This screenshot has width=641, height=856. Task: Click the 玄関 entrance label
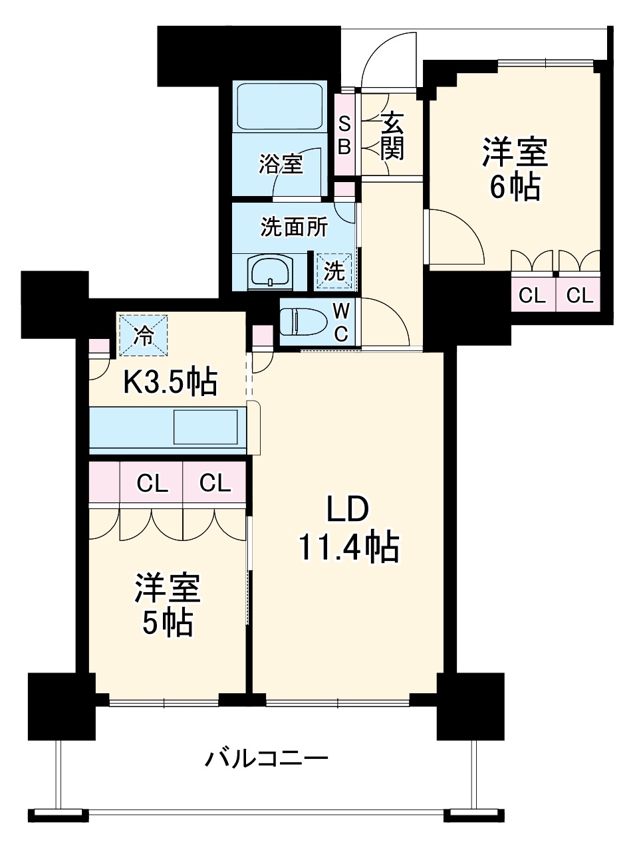(x=393, y=136)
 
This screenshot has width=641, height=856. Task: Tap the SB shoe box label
(x=344, y=136)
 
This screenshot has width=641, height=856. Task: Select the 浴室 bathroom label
(x=281, y=163)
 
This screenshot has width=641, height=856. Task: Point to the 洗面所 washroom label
(x=293, y=227)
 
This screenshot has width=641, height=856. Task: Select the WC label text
(x=340, y=323)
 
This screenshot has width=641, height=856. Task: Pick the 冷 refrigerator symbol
(x=143, y=335)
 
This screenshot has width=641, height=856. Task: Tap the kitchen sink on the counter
(x=205, y=427)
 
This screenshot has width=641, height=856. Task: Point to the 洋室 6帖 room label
(x=515, y=169)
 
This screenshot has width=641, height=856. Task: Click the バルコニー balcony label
(x=266, y=758)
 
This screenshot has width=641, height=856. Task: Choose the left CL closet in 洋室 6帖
(x=532, y=295)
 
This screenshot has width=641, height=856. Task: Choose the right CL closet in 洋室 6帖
(x=579, y=295)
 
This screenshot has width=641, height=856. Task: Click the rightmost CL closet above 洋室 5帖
(x=214, y=483)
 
